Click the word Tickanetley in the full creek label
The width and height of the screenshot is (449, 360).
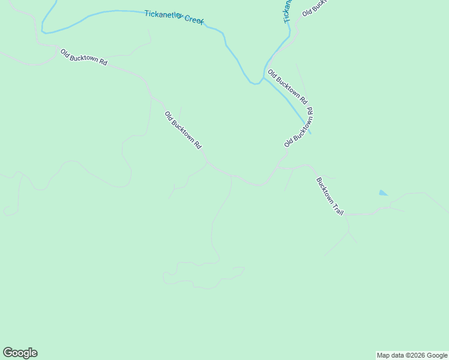click(163, 15)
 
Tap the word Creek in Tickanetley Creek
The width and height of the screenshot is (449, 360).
click(194, 20)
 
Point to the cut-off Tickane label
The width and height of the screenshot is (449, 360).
click(288, 11)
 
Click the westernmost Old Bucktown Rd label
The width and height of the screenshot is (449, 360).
click(83, 57)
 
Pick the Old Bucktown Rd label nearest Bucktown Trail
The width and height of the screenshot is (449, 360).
click(298, 127)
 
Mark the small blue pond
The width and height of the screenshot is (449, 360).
click(383, 193)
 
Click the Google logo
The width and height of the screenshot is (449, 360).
click(20, 353)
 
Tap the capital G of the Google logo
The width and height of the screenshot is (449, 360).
click(8, 353)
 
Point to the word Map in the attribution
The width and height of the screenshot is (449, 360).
click(383, 355)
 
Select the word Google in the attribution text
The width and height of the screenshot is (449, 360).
click(438, 355)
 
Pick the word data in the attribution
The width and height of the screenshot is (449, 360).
click(397, 355)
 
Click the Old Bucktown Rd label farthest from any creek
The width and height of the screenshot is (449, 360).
click(183, 130)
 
